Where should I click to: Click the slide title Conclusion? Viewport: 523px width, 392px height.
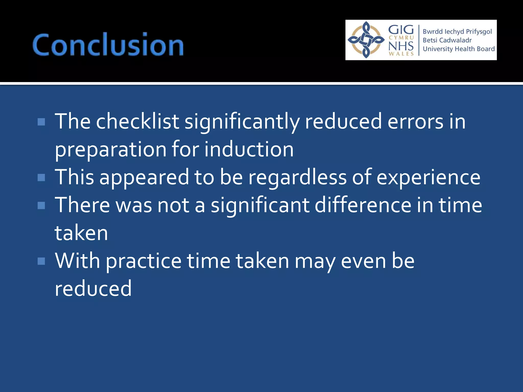click(108, 45)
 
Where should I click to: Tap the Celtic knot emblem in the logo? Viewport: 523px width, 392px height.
click(366, 40)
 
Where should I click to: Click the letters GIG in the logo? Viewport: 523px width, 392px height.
click(401, 30)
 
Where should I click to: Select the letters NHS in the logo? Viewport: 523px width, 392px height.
click(401, 46)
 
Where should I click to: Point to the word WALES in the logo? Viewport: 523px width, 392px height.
click(401, 54)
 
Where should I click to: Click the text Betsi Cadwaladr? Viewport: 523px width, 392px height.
click(447, 40)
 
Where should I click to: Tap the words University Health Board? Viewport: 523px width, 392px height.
click(459, 49)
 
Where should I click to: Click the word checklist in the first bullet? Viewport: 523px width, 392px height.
click(137, 121)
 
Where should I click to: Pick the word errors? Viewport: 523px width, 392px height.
click(415, 121)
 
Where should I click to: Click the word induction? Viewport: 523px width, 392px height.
click(249, 149)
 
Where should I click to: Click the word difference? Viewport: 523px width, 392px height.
click(363, 205)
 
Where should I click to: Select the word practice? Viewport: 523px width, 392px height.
click(144, 262)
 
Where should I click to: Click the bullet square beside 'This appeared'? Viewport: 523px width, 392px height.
click(41, 177)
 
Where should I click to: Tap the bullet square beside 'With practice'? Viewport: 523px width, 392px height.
click(41, 261)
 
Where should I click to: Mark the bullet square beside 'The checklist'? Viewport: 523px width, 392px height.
click(41, 122)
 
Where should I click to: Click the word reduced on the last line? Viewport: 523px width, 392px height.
click(93, 289)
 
